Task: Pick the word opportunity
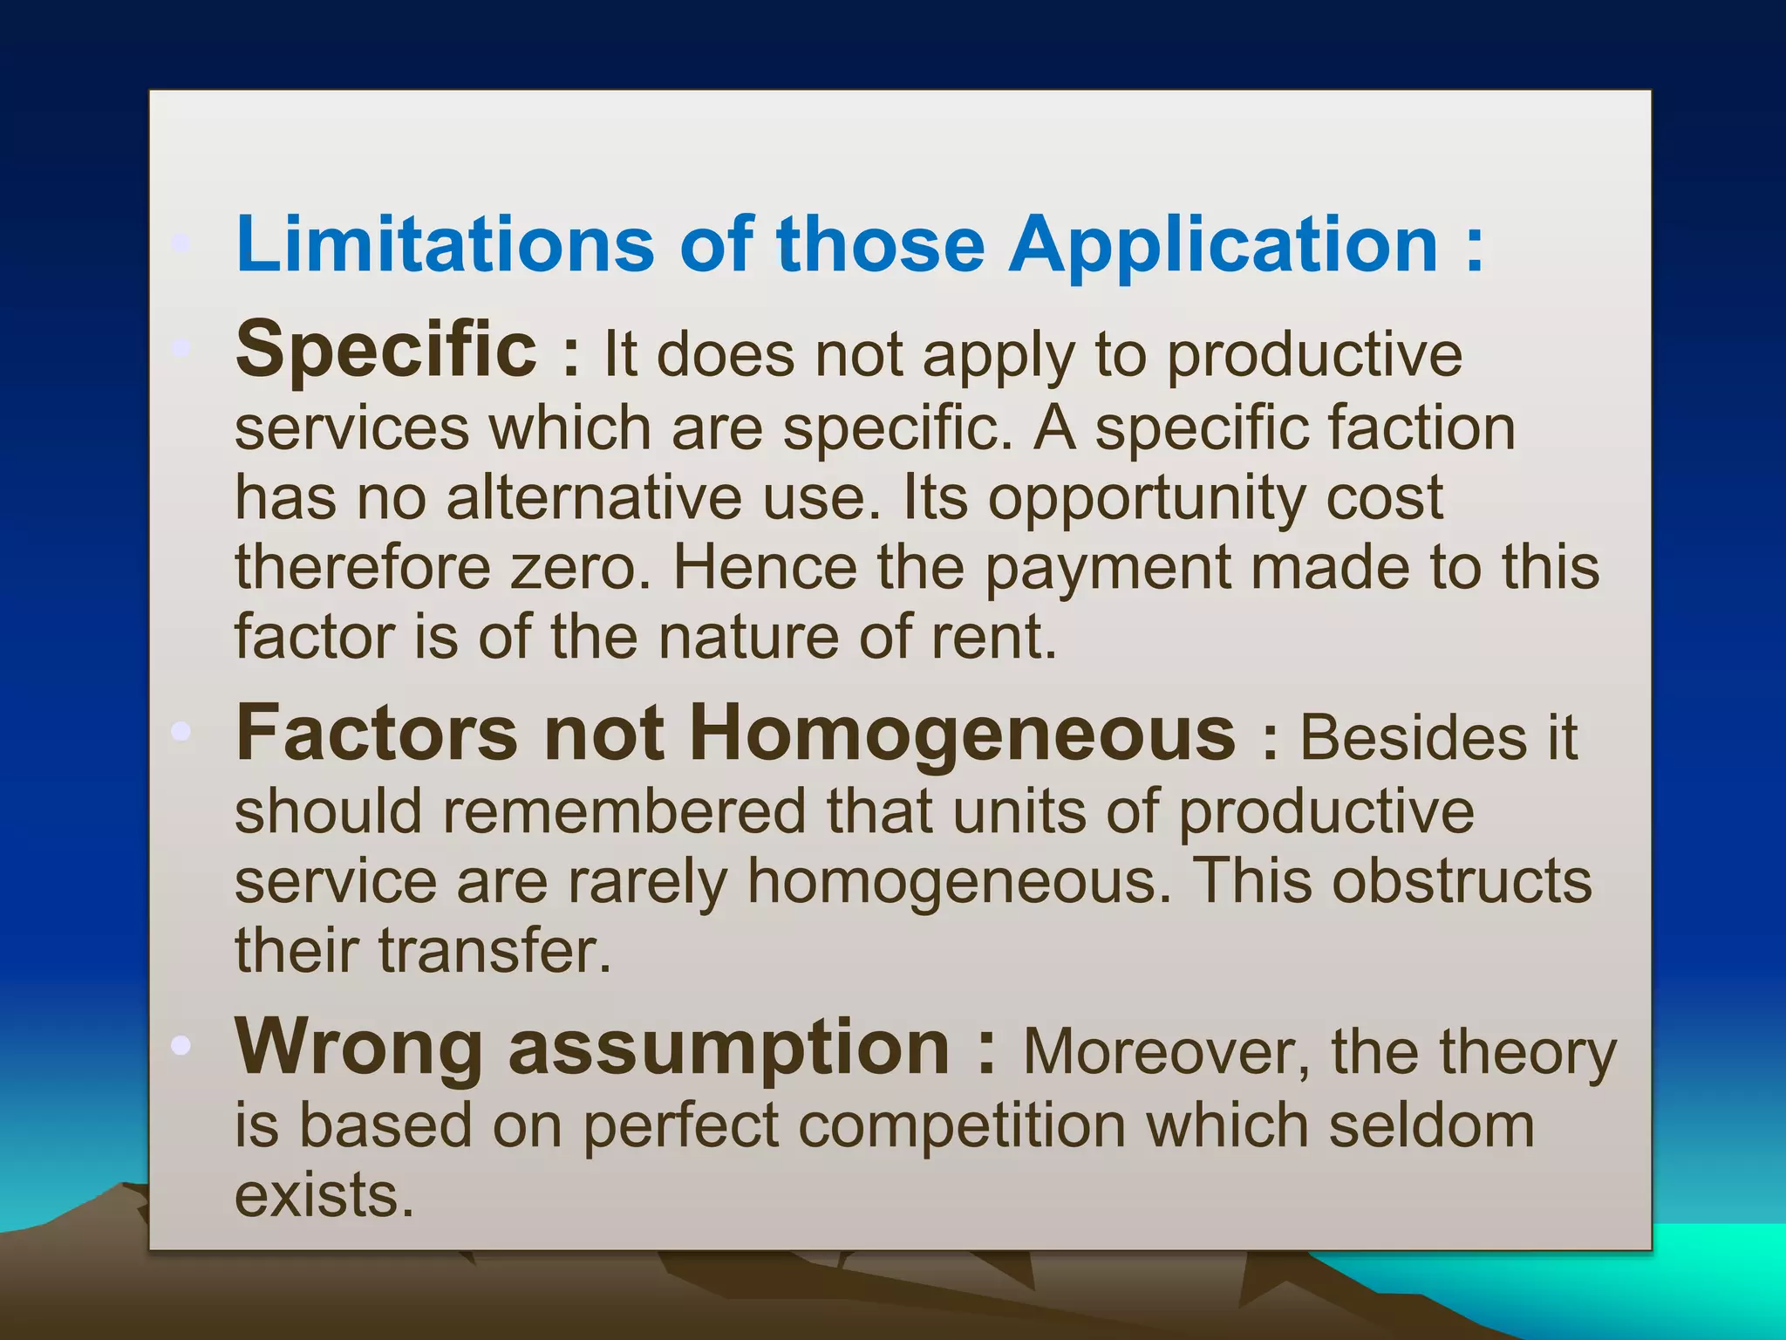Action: pos(1147,500)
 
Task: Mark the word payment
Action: pos(1108,569)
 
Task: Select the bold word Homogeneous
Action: pos(963,735)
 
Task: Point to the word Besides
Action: pos(1414,738)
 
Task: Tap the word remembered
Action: pos(624,811)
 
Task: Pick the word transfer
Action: pos(494,950)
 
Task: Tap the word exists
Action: pos(324,1195)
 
